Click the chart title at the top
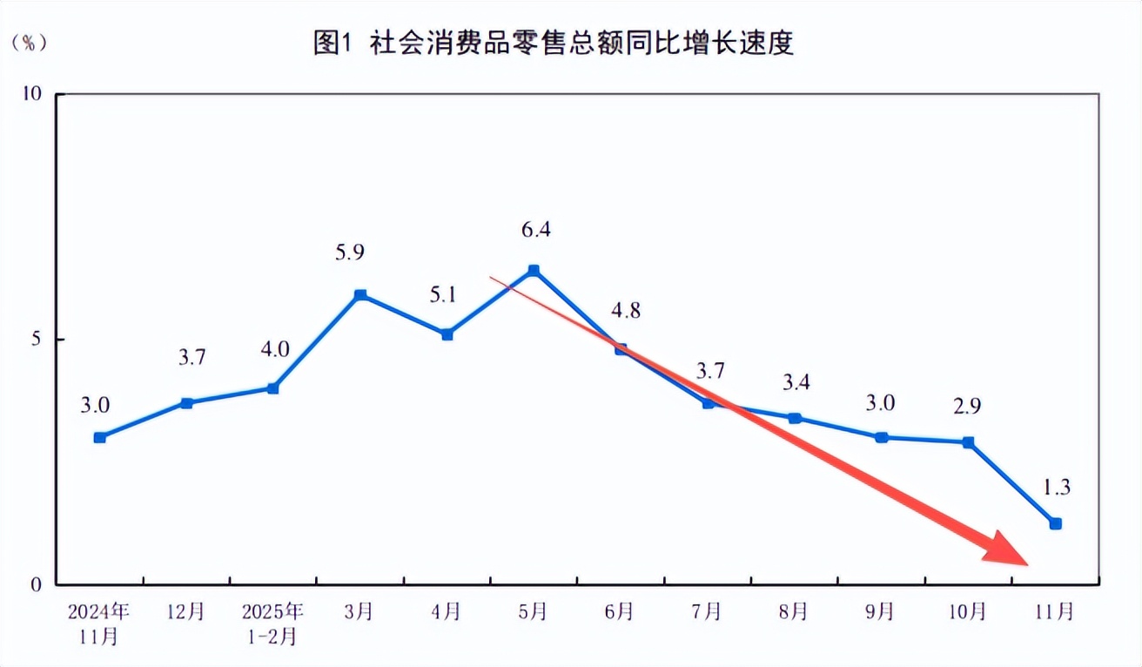[554, 43]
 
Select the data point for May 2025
[534, 271]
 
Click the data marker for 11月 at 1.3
[1055, 523]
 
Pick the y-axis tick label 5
[37, 340]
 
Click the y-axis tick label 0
[37, 585]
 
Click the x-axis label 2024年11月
[99, 623]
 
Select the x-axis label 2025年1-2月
[273, 623]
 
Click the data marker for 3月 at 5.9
[360, 295]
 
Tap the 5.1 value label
[443, 294]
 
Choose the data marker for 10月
[968, 442]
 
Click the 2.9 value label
[968, 404]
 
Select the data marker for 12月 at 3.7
[186, 403]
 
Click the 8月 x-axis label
[794, 611]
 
